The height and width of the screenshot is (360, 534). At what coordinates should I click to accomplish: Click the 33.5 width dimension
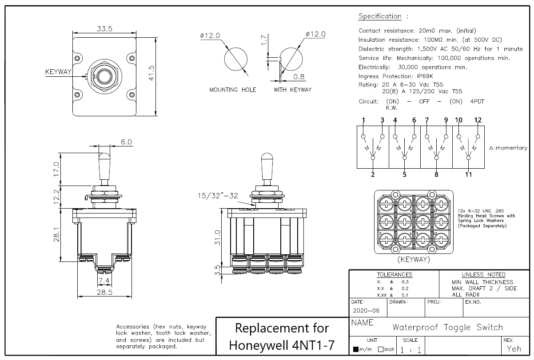(105, 28)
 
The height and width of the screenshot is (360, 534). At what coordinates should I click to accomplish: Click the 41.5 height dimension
(151, 73)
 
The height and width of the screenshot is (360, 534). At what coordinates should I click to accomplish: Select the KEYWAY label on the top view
(58, 72)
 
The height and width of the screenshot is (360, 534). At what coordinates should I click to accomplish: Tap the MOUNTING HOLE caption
(233, 90)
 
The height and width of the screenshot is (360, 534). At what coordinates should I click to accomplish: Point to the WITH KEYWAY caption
(292, 90)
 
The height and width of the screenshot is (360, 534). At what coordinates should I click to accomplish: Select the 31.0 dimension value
(218, 238)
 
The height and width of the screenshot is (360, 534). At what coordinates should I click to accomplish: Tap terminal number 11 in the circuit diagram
(468, 174)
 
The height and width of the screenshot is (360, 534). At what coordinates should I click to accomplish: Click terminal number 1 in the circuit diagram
(363, 120)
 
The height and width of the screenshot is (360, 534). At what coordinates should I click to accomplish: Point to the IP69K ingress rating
(425, 76)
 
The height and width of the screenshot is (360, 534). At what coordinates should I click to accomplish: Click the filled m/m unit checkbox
(356, 349)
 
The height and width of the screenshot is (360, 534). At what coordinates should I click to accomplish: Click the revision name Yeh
(514, 349)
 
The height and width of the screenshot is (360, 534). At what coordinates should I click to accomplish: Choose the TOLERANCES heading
(394, 274)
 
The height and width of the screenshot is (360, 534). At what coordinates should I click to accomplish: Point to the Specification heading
(379, 16)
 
